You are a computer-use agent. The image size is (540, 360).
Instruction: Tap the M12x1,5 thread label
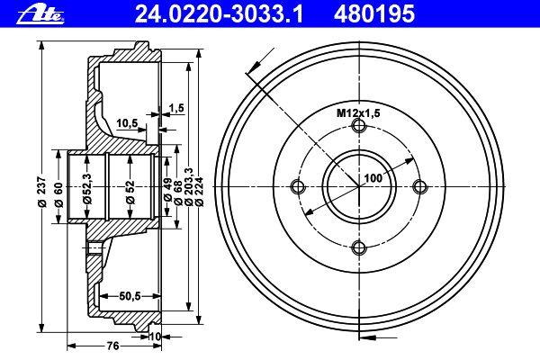357,112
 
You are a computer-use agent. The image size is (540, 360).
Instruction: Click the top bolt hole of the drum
359,127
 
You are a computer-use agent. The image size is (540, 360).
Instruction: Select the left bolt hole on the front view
298,187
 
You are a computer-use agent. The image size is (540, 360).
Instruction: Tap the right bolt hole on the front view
418,187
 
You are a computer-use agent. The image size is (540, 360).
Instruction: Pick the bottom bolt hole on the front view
359,247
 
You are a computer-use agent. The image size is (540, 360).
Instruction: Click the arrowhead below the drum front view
364,338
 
